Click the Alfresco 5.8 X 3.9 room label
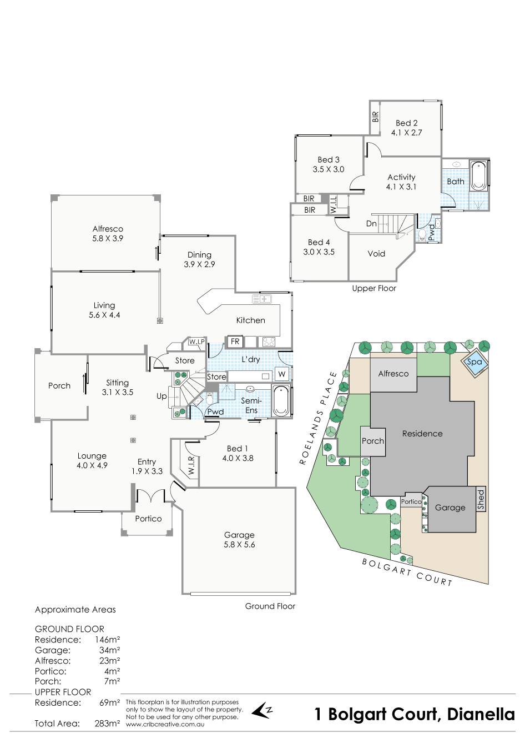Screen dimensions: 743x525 coord(108,233)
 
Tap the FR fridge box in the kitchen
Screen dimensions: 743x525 coord(235,342)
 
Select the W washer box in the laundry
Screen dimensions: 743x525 coord(282,374)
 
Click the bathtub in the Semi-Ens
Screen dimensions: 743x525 coord(281,401)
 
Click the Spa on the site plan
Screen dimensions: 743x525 coord(474,362)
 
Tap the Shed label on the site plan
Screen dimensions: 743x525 coord(481,499)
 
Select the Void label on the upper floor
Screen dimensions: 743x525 coord(376,254)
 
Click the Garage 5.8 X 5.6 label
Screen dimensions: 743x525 coord(239,540)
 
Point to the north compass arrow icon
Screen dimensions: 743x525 coord(261,710)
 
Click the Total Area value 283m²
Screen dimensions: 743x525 coord(107,724)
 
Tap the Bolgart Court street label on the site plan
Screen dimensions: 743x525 coord(407,571)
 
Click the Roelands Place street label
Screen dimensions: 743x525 coord(317,418)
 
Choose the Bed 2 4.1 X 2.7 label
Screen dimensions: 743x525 coord(406,128)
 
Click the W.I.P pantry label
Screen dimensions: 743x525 coord(196,342)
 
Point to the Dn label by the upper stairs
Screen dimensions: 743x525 coord(371,224)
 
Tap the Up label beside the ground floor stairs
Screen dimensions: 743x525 coord(161,396)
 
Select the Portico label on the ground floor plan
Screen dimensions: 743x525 coord(148,519)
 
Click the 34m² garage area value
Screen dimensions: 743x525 coord(109,650)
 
